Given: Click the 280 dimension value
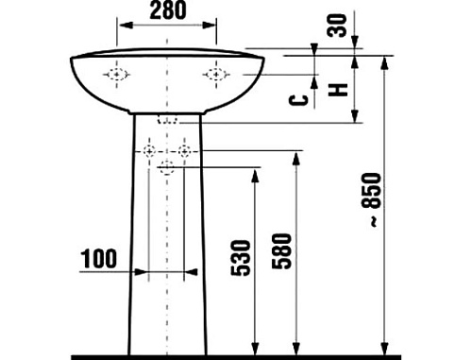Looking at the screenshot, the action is (168, 10).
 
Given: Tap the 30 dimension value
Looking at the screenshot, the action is (337, 26).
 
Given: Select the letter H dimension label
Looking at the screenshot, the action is (338, 90).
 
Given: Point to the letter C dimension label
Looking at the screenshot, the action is (298, 100).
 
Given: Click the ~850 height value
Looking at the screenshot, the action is (371, 199).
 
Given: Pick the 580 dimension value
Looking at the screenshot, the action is (282, 251).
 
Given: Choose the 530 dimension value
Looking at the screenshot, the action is (241, 258).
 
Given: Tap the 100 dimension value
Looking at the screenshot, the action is (99, 259).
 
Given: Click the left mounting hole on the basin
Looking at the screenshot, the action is (117, 75).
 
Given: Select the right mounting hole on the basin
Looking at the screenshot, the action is (216, 75).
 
